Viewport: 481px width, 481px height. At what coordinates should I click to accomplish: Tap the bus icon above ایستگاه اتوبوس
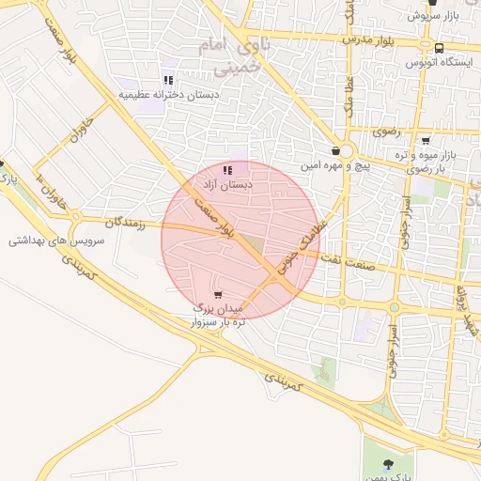point(439,47)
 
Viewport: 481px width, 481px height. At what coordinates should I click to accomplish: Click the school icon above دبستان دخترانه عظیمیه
point(168,81)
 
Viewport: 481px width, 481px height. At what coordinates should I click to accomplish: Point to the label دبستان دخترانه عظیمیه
point(169,95)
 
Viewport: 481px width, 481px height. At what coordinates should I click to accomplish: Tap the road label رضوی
point(386,132)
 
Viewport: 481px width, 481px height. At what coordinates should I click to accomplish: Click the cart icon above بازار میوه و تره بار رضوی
point(426,140)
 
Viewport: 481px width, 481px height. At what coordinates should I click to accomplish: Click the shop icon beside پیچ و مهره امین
point(336,150)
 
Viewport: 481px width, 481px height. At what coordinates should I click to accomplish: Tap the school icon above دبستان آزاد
point(228,170)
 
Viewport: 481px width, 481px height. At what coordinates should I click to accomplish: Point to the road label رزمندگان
point(127,223)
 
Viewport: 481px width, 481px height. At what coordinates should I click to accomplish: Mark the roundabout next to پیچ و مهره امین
point(347,151)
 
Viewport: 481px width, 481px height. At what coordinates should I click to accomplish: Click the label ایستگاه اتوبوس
point(438,62)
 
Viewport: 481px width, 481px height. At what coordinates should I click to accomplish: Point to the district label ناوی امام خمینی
point(225,56)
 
